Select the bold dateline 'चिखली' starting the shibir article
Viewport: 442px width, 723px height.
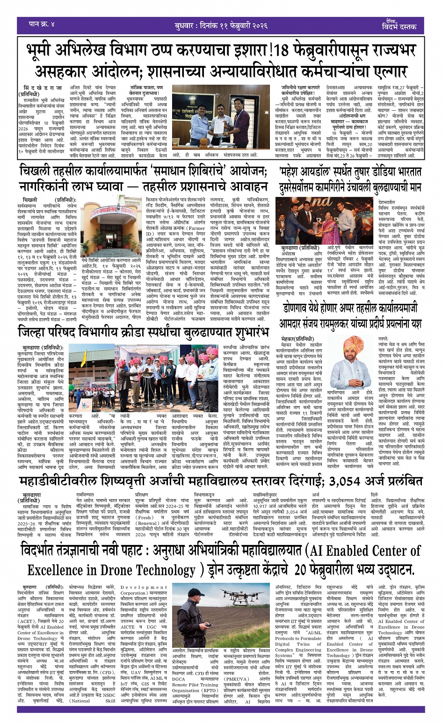point(30,200)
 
